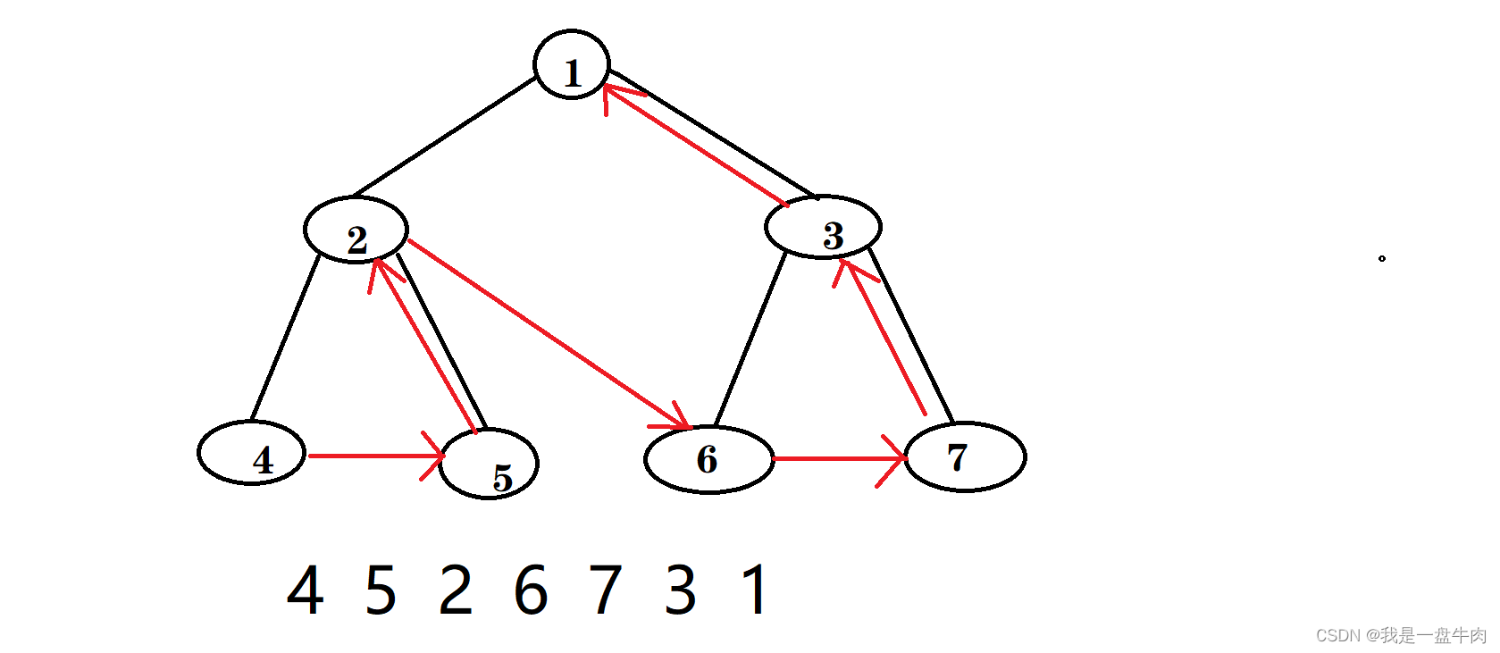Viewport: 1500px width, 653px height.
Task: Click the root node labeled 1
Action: coord(572,65)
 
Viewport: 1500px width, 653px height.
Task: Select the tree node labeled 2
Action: coord(356,230)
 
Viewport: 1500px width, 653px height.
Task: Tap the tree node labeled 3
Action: coord(823,227)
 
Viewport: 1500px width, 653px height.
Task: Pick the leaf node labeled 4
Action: coord(251,453)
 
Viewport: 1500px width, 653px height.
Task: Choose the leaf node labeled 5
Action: coord(489,465)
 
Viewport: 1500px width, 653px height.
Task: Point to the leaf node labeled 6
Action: coord(708,459)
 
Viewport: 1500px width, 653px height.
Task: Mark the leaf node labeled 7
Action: coord(965,456)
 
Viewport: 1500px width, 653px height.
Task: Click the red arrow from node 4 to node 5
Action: coord(375,456)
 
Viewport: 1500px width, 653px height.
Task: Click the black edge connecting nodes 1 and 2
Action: coord(444,137)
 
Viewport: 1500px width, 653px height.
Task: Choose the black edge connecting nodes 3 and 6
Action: coord(750,339)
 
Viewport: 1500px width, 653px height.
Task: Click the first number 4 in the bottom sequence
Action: coord(305,590)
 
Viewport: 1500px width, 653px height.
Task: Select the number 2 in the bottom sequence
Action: coord(456,590)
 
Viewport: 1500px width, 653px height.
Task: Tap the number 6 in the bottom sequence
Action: coord(531,590)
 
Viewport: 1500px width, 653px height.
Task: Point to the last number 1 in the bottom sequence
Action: coord(756,590)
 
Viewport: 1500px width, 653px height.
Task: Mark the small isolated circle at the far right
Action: coord(1382,259)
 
